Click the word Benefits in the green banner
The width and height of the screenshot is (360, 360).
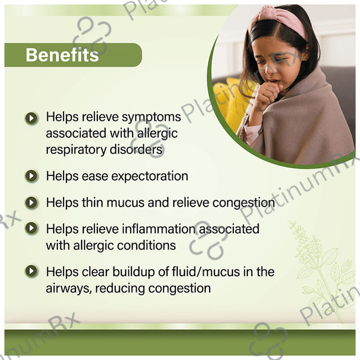click(x=62, y=55)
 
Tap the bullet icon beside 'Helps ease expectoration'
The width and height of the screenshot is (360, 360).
click(x=31, y=176)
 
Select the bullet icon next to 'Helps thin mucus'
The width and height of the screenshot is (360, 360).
click(x=31, y=202)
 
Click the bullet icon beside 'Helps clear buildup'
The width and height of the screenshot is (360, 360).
click(x=31, y=271)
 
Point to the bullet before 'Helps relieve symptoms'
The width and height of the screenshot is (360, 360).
click(x=31, y=118)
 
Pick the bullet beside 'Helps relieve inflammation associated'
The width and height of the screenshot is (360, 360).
click(x=31, y=228)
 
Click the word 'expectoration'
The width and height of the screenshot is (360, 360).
click(x=150, y=177)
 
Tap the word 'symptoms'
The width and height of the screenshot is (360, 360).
click(x=151, y=118)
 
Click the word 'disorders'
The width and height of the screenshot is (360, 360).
click(x=136, y=150)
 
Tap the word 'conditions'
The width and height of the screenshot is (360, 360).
click(x=146, y=245)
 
